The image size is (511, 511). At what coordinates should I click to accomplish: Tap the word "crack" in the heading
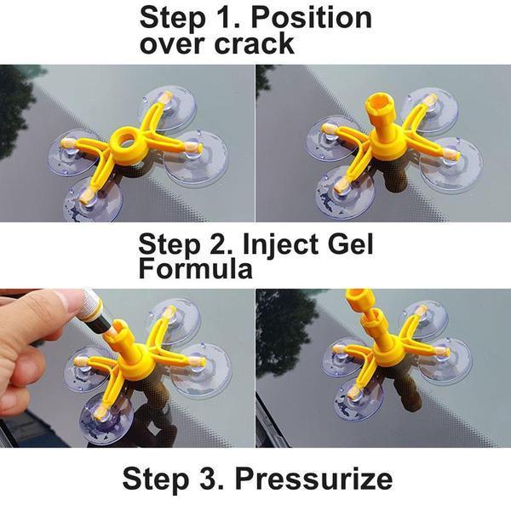pyautogui.click(x=253, y=44)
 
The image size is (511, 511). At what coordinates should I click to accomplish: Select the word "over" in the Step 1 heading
pyautogui.click(x=175, y=44)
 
